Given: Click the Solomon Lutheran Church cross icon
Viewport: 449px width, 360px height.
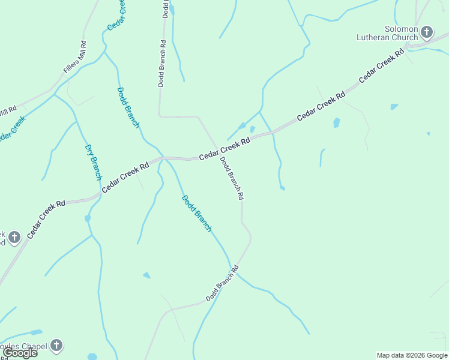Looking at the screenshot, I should (427, 32).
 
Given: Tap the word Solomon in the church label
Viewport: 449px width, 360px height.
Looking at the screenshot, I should (402, 29).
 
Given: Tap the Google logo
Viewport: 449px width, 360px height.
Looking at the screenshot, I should (20, 353).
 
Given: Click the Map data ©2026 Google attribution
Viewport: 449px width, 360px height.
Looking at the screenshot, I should (412, 355).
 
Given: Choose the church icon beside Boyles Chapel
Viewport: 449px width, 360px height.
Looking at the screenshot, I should (56, 345).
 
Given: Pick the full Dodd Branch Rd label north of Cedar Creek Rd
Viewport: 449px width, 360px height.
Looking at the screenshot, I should (162, 64).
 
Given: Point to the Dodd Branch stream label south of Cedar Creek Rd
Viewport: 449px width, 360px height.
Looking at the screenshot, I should (197, 214).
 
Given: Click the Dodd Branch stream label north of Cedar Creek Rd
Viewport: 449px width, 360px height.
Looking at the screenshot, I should (128, 107).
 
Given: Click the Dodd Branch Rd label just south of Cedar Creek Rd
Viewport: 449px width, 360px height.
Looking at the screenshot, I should (232, 178).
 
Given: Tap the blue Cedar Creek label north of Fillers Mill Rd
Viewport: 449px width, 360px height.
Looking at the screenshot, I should (118, 15).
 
